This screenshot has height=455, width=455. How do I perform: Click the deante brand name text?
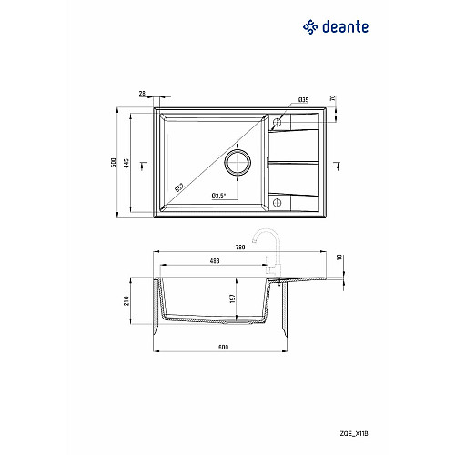346,27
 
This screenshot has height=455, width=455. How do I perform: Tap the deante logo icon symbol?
310,27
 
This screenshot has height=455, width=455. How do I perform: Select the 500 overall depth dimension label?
114,163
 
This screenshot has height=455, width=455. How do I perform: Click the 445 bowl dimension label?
126,163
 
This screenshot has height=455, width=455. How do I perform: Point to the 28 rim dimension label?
142,94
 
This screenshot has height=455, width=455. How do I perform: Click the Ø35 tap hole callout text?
304,99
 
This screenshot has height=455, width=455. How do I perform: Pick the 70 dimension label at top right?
333,98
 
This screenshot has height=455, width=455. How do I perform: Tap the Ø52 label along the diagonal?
179,187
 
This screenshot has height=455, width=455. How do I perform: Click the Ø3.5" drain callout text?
219,196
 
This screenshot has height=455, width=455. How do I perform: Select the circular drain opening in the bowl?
238,162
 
